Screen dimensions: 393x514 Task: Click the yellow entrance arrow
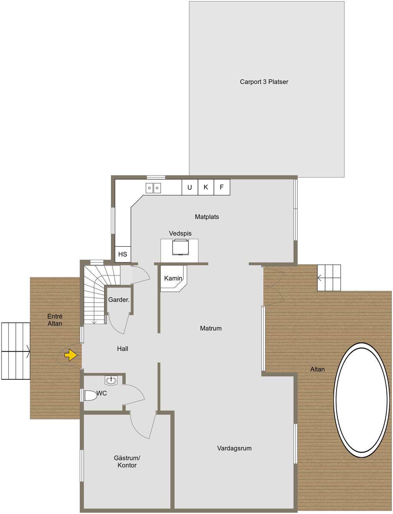71,355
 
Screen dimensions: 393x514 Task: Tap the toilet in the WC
91,395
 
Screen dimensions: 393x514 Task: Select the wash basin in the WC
111,380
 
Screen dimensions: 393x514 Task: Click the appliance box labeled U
190,187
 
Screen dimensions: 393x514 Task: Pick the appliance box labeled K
206,187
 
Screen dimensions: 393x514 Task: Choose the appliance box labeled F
222,187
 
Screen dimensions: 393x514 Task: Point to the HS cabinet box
123,254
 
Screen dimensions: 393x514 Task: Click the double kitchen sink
153,188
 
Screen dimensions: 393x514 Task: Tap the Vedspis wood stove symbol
180,247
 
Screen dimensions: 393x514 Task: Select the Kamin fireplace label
173,278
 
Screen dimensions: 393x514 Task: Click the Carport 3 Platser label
264,82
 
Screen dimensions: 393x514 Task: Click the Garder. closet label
119,300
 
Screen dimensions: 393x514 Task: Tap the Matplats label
207,217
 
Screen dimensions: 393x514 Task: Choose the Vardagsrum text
234,448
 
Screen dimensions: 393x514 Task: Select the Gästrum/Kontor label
127,461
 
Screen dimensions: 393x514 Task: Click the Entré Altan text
55,320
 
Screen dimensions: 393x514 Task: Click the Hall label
122,349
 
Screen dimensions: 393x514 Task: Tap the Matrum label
211,328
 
